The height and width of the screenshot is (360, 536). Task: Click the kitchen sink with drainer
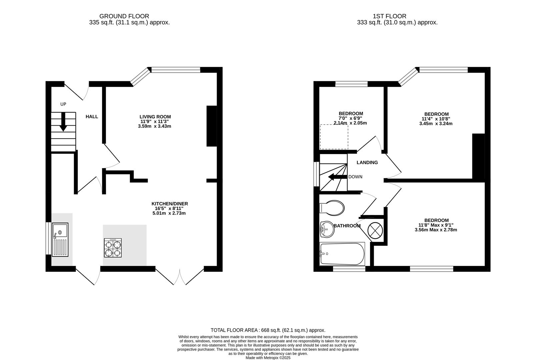click(60, 240)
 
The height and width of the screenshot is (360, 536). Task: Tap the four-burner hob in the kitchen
click(113, 248)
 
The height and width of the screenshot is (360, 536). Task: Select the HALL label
click(92, 117)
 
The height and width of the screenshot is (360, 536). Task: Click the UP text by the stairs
click(63, 104)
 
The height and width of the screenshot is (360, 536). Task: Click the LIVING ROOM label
click(155, 117)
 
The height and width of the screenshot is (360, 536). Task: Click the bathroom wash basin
click(327, 229)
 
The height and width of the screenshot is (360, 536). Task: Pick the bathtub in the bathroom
click(342, 254)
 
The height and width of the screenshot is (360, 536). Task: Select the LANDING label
click(367, 163)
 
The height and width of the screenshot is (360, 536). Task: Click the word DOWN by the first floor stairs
click(355, 177)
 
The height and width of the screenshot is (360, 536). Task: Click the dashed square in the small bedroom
click(334, 137)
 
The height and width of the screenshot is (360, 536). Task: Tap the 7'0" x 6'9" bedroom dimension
click(350, 118)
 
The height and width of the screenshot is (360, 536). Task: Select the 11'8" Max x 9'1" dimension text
click(436, 225)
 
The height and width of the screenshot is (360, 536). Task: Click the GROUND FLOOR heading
click(124, 16)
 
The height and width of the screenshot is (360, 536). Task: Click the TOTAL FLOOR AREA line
click(268, 330)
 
